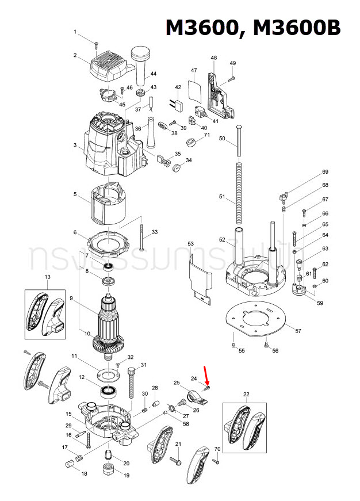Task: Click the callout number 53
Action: click(x=191, y=244)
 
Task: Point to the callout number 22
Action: click(x=246, y=394)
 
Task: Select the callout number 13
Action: click(x=47, y=277)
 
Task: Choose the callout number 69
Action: click(x=325, y=172)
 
